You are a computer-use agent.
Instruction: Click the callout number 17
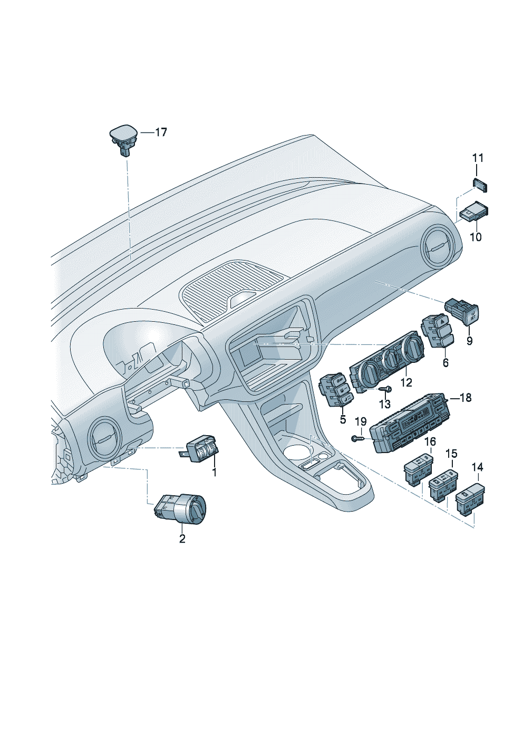tap(161, 132)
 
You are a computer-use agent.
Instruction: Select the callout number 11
tap(477, 158)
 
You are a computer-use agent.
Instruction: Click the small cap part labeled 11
tap(480, 185)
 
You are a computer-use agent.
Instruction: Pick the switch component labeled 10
tap(473, 212)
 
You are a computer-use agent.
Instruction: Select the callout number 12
tap(406, 382)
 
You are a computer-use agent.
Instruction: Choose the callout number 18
tap(466, 398)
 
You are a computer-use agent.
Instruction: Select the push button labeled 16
tap(418, 469)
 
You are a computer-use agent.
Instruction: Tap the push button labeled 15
tap(442, 484)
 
